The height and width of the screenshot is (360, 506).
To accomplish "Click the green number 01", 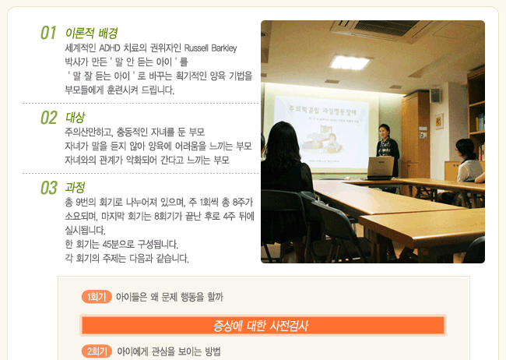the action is coord(48,33).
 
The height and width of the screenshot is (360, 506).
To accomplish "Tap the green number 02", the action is coord(49,118).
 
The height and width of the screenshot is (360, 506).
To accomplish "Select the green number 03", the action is coord(49,188).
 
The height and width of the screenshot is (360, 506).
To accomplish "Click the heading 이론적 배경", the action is coord(91,33).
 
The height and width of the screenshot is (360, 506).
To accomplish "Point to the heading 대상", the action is coord(76,118).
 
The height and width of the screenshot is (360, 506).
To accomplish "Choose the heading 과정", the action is coord(76,188).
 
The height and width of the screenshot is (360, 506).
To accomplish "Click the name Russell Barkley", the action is coord(210,48).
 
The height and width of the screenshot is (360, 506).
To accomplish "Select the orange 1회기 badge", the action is coord(97,297).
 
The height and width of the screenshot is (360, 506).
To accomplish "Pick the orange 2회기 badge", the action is coord(97,351).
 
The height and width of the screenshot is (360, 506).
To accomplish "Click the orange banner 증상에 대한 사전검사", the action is coord(263,326).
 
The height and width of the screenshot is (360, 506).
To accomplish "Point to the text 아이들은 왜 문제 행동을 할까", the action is coord(170,297).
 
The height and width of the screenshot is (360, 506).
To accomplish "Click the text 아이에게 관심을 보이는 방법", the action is coord(169,351).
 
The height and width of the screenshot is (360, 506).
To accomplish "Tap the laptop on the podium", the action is coord(381,168).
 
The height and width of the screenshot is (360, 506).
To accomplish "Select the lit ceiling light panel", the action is coord(350,62).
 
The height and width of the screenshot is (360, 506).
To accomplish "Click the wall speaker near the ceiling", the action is coord(435,95).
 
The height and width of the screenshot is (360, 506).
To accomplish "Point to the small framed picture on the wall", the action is coord(439,122).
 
